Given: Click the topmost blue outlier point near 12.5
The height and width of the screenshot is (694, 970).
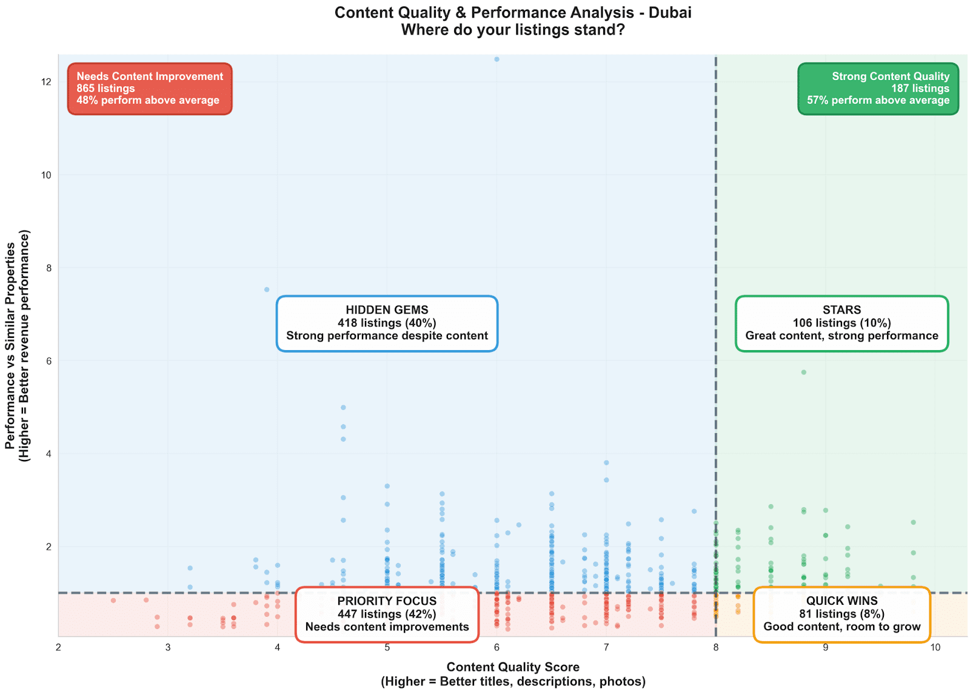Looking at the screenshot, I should click(x=497, y=59).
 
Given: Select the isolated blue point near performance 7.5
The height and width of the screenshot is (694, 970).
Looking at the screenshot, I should click(x=267, y=290).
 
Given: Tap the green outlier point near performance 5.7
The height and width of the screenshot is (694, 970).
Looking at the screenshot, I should click(x=804, y=372).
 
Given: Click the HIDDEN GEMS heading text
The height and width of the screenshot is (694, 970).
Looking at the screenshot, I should click(x=387, y=310).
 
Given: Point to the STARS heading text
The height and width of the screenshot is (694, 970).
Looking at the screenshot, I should click(x=841, y=310).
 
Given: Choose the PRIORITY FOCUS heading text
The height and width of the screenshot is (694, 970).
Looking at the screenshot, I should click(x=387, y=601).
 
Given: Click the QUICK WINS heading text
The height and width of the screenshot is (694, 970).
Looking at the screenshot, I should click(x=841, y=601).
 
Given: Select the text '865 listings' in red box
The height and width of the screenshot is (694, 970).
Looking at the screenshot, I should click(x=105, y=89).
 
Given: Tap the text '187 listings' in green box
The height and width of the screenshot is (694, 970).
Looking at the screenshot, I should click(x=920, y=89).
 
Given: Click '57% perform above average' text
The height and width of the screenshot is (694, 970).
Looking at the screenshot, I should click(x=878, y=101).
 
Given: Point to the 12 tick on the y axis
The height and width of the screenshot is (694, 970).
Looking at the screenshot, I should click(x=46, y=83).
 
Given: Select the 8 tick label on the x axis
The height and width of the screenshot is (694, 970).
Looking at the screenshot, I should click(x=716, y=648).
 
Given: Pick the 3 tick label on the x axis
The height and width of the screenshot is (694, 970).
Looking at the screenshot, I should click(x=168, y=648).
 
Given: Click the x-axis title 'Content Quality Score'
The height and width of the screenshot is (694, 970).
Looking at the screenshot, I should click(x=513, y=667).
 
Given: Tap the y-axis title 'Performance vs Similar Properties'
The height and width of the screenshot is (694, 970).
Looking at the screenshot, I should click(x=10, y=346).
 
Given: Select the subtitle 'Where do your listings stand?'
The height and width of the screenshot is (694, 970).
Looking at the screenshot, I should click(x=513, y=30).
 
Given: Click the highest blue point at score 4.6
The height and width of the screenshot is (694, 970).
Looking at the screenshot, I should click(x=343, y=408).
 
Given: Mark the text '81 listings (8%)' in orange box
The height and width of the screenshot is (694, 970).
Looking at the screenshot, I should click(x=841, y=614).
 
